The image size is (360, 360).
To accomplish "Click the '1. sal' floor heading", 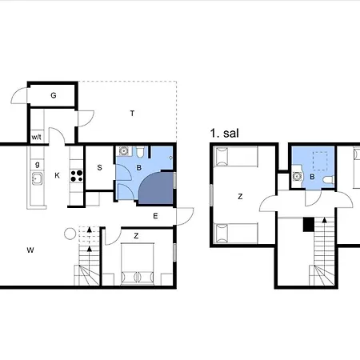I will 225,134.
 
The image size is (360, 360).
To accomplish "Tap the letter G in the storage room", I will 54,95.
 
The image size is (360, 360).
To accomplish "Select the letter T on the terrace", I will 132,114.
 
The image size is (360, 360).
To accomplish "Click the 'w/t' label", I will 36,138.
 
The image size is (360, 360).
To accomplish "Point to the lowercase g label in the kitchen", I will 36,162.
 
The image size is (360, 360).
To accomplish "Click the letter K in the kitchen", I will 57,175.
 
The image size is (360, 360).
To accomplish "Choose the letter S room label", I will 99,167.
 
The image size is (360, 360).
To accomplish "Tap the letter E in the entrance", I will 155,215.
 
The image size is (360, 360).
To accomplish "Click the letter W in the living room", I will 30,250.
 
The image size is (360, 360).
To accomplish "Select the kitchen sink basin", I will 36,177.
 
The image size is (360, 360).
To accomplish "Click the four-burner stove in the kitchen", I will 78,176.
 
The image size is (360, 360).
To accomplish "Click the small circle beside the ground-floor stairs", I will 70,234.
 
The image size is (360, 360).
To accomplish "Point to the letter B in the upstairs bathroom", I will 313,177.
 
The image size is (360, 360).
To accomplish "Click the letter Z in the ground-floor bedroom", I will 137,235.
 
